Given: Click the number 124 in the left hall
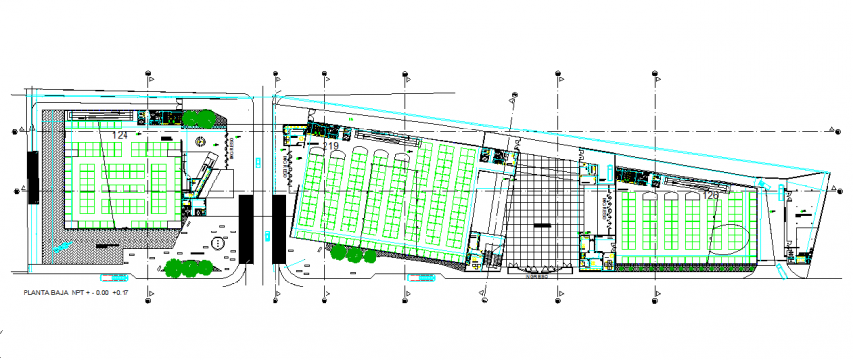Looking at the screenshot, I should (x=121, y=135).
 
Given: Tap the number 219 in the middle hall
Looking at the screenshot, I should (x=331, y=146).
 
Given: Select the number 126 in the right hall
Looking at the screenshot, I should (x=711, y=195).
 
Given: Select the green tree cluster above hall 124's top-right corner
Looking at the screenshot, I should (x=200, y=119).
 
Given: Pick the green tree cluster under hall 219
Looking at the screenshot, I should (x=348, y=252).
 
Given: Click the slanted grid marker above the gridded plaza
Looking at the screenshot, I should (x=512, y=96).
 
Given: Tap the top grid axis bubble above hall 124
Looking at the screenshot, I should (x=148, y=74).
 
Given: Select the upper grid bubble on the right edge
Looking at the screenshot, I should (x=833, y=130).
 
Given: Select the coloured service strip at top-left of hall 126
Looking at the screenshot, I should (x=632, y=177).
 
